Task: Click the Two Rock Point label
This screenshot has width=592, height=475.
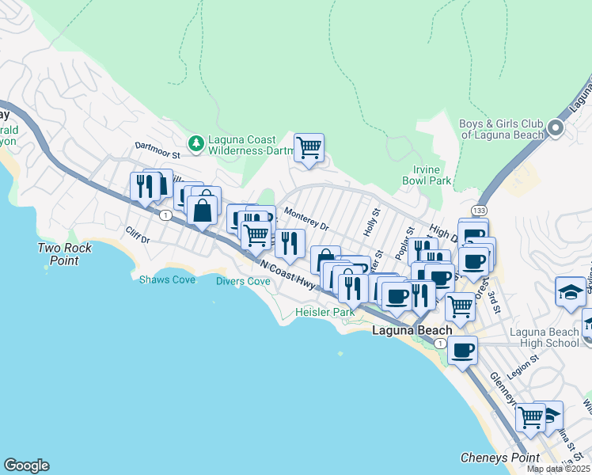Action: click(64, 254)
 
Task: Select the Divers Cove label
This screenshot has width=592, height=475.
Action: click(243, 281)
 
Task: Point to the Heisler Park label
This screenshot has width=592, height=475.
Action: click(324, 312)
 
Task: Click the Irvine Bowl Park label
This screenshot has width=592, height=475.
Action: click(432, 175)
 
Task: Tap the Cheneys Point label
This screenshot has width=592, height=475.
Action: click(500, 458)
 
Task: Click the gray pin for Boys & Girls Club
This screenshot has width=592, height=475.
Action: click(556, 128)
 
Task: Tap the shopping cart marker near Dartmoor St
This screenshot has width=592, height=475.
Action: click(309, 147)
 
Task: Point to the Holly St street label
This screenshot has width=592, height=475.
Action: click(373, 222)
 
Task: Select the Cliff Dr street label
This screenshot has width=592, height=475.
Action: click(136, 235)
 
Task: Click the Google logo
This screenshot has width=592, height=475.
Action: click(26, 465)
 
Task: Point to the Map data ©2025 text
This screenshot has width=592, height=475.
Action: click(559, 469)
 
